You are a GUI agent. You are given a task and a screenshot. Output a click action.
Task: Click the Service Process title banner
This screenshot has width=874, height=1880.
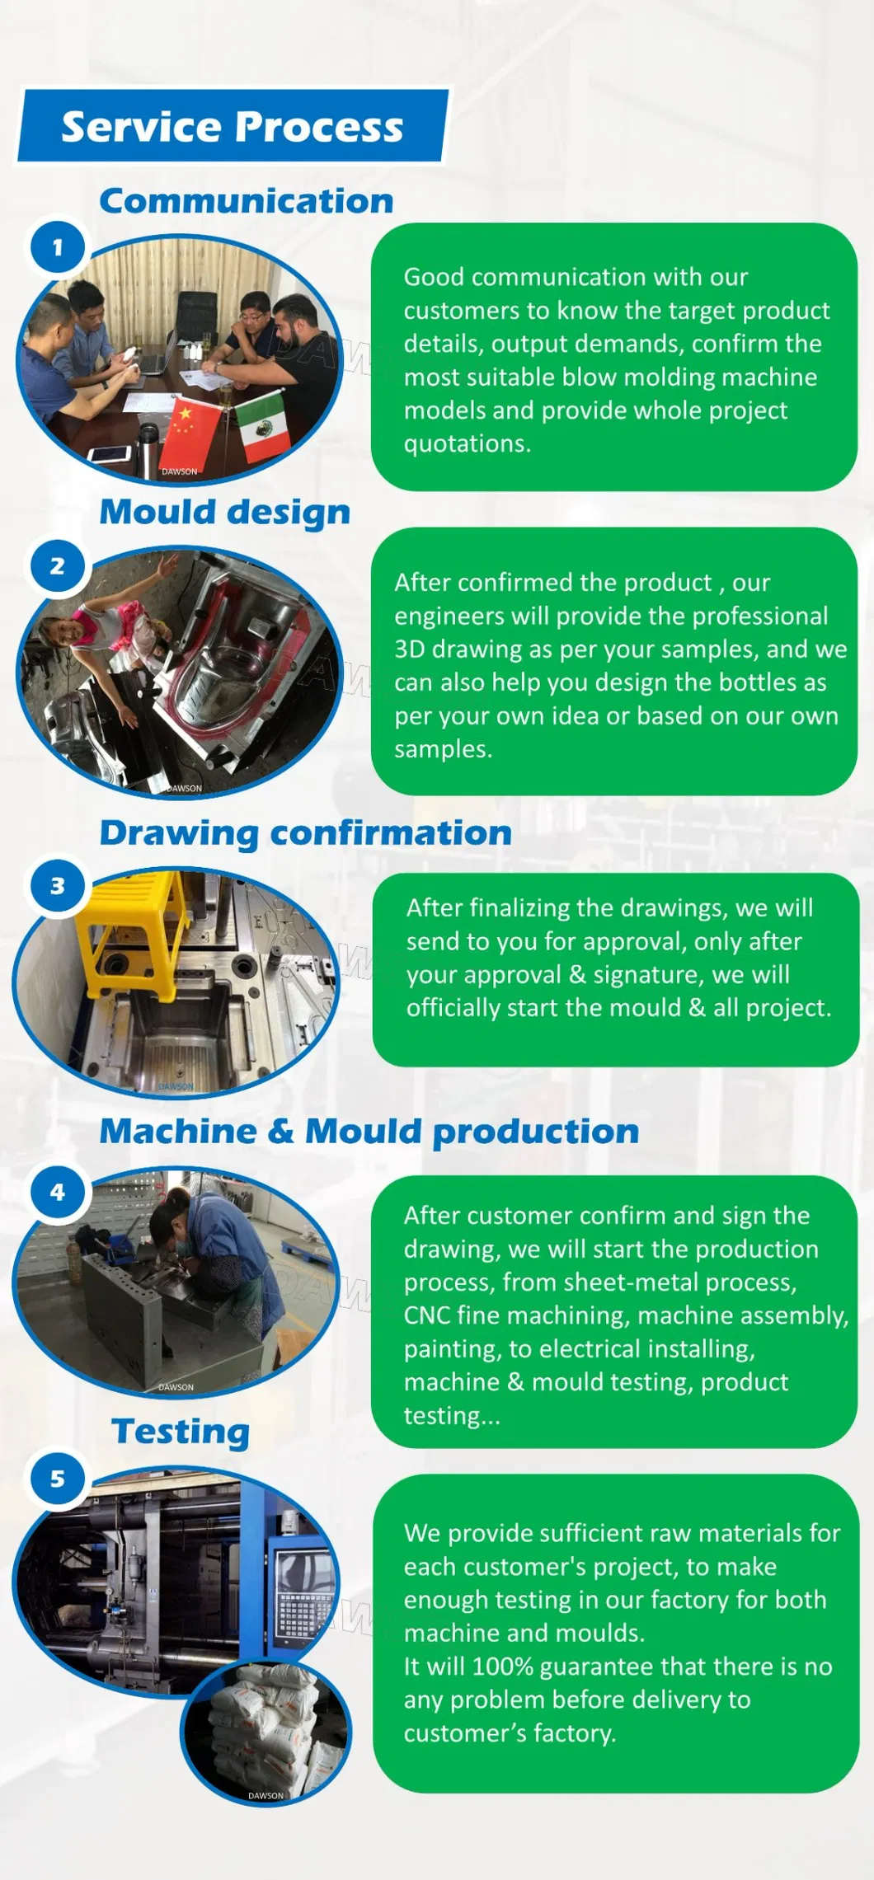click(x=233, y=126)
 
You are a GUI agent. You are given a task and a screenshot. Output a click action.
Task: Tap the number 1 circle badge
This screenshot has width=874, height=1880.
click(x=58, y=246)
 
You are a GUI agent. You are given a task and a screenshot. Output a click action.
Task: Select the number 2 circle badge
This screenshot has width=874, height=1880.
click(x=58, y=565)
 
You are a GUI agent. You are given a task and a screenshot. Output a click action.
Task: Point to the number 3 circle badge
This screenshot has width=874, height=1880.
click(x=58, y=885)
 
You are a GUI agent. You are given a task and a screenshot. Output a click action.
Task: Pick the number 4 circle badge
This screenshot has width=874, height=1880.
click(x=58, y=1191)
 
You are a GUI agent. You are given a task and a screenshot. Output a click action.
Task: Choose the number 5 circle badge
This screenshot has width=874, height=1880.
click(x=58, y=1478)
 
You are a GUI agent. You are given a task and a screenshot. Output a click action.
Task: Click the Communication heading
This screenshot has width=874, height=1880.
click(x=246, y=201)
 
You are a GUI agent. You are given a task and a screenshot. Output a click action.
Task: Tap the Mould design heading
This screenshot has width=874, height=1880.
click(x=224, y=512)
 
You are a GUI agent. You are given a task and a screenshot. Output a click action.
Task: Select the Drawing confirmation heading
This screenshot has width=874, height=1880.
click(x=305, y=832)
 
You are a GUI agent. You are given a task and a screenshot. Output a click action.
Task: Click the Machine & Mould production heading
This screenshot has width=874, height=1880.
click(x=369, y=1131)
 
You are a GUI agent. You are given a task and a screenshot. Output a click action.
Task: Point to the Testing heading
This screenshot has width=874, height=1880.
click(x=181, y=1432)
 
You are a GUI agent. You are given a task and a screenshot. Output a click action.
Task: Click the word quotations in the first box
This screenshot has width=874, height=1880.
click(x=466, y=444)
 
